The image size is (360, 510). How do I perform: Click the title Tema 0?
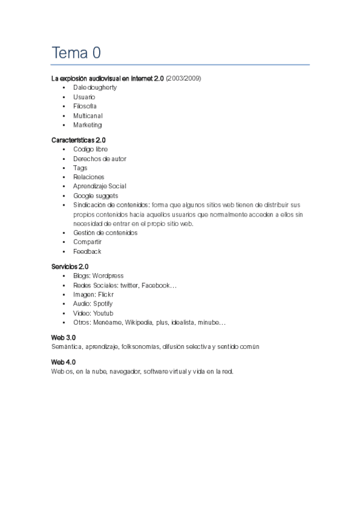pos(76,53)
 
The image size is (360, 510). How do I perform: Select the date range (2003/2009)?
pos(183,78)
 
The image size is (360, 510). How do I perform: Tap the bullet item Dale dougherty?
pos(95,87)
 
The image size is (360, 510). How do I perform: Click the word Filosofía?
pos(85,106)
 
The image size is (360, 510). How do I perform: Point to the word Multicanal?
pos(88,115)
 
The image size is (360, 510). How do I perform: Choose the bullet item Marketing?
pos(87,125)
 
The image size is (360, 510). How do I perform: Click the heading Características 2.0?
pos(79,140)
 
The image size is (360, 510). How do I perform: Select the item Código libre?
pos(91,149)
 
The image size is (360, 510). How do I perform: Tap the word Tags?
pos(81,168)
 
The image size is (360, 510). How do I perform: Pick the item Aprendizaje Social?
pos(100,186)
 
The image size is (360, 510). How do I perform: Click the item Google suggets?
pos(96,195)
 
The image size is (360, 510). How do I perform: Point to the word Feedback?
pos(87,251)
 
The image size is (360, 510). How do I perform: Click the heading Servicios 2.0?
pos(70,266)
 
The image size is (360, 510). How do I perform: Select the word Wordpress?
pos(108,275)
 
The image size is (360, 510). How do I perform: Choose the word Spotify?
pos(103,304)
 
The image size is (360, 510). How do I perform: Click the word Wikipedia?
pos(139,322)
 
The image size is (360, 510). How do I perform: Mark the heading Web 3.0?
pos(64,338)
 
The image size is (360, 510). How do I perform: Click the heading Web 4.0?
pos(64,362)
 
